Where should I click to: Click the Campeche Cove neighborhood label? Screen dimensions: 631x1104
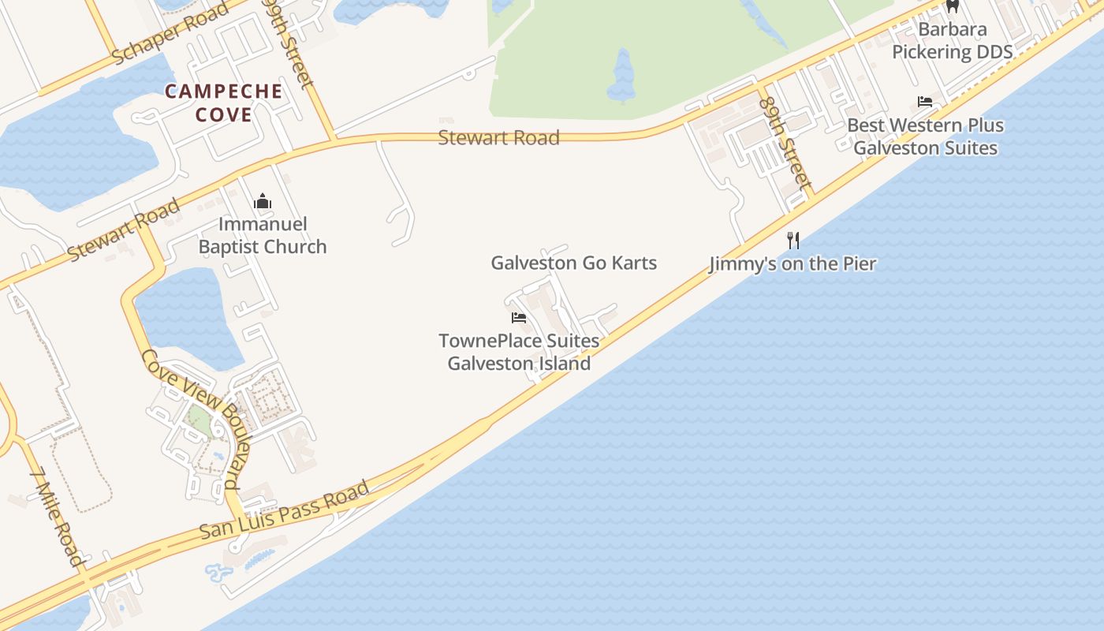tap(223, 103)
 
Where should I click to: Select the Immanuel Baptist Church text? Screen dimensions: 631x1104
tap(262, 235)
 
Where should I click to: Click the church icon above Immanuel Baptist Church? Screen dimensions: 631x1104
tap(263, 202)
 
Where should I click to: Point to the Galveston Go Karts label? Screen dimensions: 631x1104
tap(573, 263)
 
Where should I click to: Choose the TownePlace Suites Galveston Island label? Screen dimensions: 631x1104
tap(519, 353)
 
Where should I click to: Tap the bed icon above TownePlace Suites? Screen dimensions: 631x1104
tap(519, 318)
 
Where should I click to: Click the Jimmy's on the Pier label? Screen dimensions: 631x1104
tap(793, 263)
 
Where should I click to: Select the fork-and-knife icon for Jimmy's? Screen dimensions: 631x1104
tap(793, 240)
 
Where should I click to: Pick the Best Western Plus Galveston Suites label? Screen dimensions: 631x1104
tap(925, 136)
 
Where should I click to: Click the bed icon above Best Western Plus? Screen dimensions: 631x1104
tap(925, 102)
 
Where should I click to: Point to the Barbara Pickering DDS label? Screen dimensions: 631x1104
tap(952, 41)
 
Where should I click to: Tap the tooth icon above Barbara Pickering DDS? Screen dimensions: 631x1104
tap(953, 6)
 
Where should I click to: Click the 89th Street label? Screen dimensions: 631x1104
tap(785, 143)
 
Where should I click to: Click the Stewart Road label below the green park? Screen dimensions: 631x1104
tap(498, 137)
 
